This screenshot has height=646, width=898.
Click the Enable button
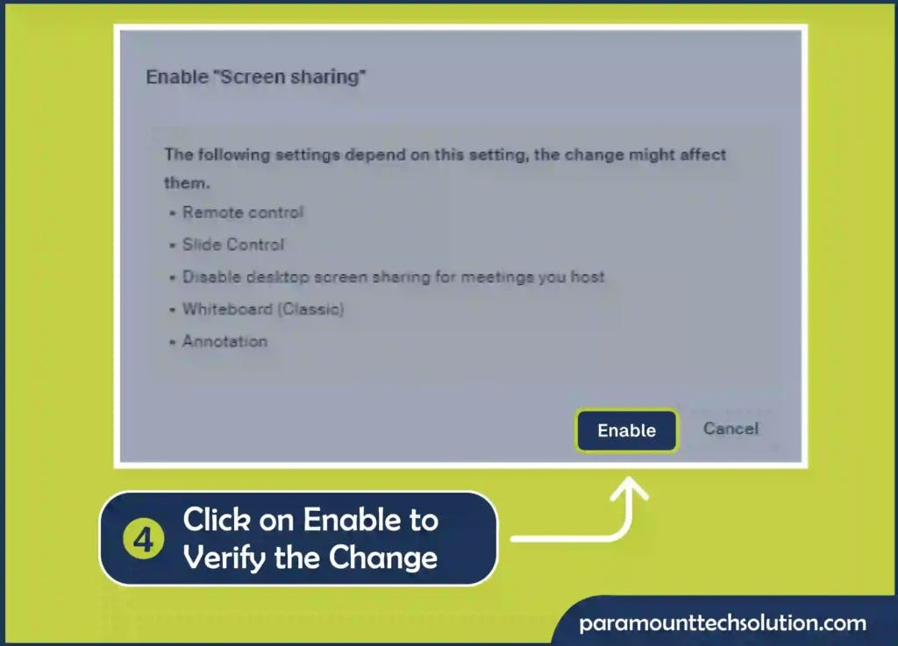click(626, 430)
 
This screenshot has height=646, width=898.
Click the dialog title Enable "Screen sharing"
click(255, 76)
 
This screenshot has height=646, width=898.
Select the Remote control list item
click(243, 212)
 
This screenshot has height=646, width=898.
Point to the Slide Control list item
click(233, 245)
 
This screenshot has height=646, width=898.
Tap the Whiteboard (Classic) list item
click(263, 309)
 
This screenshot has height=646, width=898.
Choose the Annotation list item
click(224, 341)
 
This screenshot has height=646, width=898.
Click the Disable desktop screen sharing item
click(393, 277)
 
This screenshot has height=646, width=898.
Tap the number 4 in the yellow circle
click(143, 539)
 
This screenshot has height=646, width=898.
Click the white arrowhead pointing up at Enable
click(630, 488)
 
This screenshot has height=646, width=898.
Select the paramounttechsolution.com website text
click(723, 622)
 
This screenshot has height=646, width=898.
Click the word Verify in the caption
click(224, 557)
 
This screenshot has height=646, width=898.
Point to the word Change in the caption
click(383, 557)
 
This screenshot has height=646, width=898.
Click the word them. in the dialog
click(188, 183)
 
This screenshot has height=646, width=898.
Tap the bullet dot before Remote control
click(172, 213)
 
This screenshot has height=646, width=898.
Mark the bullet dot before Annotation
click(172, 342)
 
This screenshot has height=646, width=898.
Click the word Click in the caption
click(217, 520)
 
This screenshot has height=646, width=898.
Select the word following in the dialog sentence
click(233, 155)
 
